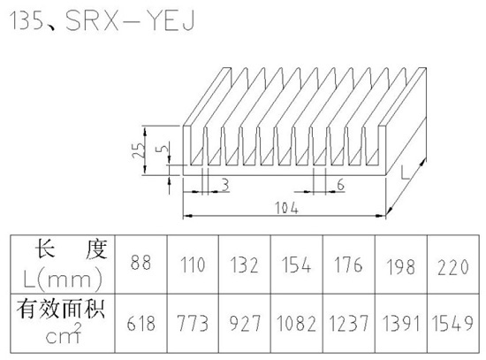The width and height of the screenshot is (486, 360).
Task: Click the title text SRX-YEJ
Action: coord(130,21)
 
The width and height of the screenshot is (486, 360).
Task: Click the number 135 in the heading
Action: coord(27,21)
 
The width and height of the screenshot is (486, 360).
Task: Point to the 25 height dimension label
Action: coord(139,150)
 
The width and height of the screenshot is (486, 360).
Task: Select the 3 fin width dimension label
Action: coord(225,185)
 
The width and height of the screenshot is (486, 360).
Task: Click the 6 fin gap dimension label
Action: coord(340,185)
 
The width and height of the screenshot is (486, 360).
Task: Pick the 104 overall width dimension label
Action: coord(287,208)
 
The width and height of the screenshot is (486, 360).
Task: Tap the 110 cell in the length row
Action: coord(193,264)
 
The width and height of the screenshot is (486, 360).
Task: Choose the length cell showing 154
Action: coord(296,264)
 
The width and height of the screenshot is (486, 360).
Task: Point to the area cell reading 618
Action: coord(141,323)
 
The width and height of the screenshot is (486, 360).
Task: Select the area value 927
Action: coord(245,323)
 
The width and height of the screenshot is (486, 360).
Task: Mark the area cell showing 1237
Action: coord(349,323)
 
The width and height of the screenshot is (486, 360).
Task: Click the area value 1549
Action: coord(452,323)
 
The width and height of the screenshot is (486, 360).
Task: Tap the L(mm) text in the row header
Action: coord(63,279)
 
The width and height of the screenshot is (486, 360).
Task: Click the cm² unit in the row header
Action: coord(64,333)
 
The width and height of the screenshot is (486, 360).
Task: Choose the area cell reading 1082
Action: coord(296,323)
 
